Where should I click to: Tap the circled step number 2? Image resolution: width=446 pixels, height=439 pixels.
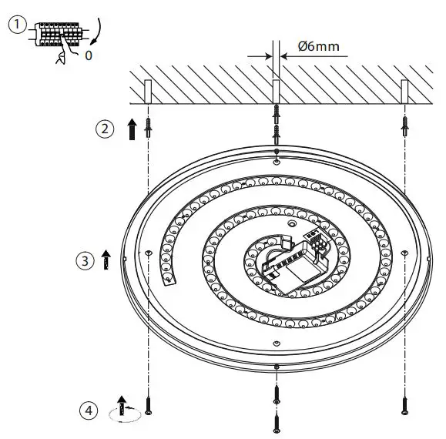point(105,129)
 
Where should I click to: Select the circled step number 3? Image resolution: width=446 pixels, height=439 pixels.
point(85,260)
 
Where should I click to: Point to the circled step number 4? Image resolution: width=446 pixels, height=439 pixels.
point(91,411)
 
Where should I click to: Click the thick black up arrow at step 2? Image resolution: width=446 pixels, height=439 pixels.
point(132,129)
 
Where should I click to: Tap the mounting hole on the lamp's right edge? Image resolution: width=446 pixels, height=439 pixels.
point(404,253)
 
